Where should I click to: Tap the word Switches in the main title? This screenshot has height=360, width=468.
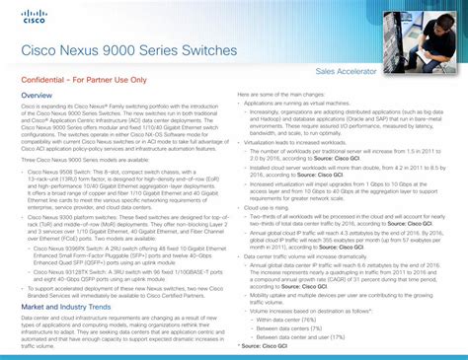[x=209, y=50]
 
